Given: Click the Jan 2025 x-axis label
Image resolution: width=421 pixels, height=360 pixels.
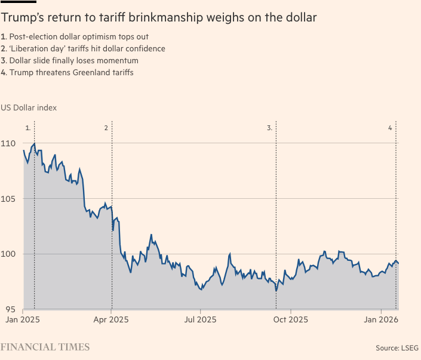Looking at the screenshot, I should [x=23, y=320].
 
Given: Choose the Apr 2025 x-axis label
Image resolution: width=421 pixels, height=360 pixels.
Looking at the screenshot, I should [x=112, y=320].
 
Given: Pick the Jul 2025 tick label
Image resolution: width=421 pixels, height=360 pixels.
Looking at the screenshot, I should [x=200, y=320].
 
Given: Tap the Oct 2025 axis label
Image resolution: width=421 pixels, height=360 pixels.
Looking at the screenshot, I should [x=290, y=320].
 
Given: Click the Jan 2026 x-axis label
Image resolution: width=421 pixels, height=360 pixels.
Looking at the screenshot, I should [x=381, y=320].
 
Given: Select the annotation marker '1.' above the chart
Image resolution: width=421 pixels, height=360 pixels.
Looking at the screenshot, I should [x=27, y=128].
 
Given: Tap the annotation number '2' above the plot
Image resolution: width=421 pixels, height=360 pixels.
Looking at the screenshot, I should [x=106, y=128].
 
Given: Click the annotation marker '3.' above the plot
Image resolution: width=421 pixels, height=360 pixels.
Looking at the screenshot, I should [x=270, y=128].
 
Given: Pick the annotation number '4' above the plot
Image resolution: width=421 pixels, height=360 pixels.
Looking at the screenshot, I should [x=390, y=128].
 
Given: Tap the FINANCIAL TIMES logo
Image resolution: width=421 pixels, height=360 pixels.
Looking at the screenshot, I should [x=45, y=347].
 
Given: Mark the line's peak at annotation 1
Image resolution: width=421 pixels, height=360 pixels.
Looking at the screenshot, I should [x=34, y=143].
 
